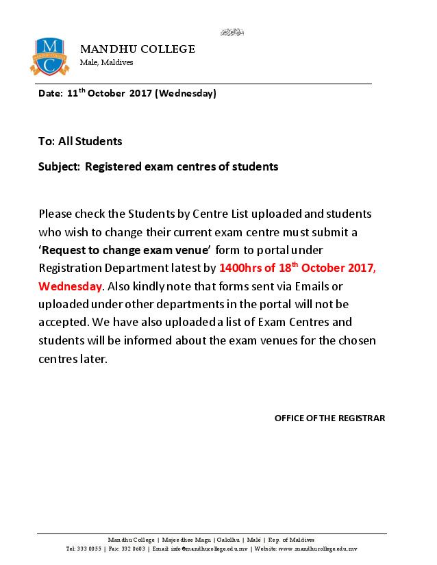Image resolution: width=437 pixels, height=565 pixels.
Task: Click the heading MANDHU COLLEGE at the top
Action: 138,49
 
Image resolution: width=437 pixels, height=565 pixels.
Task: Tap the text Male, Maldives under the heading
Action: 106,62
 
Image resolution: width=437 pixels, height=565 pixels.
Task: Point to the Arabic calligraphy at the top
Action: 232,32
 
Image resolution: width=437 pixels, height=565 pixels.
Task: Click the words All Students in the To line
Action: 90,142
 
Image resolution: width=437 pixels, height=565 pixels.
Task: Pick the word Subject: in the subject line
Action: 59,166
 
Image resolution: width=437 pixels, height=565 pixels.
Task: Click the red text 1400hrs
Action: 238,268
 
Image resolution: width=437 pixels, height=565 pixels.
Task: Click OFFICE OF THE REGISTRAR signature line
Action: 329,417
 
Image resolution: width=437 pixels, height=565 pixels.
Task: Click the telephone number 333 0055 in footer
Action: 89,549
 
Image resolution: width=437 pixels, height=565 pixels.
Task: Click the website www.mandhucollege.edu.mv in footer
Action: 318,549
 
